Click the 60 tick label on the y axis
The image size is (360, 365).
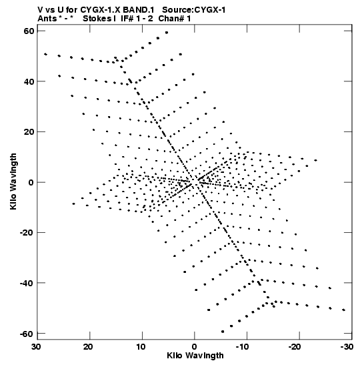click(x=29, y=31)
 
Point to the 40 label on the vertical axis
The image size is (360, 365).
click(x=29, y=81)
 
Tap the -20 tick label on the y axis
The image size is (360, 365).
click(x=26, y=232)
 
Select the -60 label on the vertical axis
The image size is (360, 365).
click(x=26, y=334)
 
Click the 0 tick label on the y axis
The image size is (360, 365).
click(x=31, y=182)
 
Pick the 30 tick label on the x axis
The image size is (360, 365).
click(x=37, y=346)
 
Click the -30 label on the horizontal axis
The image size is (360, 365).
click(x=347, y=346)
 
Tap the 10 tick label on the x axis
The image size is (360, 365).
click(x=141, y=346)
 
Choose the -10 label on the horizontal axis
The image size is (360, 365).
click(x=242, y=346)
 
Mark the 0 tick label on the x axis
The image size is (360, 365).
click(x=195, y=346)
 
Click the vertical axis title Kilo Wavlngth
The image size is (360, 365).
click(x=13, y=181)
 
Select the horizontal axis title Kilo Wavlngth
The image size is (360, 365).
click(x=195, y=356)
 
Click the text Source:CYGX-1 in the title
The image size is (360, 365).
click(x=194, y=10)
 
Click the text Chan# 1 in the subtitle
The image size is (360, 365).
click(x=175, y=19)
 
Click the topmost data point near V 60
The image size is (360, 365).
click(x=167, y=33)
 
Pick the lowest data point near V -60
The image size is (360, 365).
click(x=223, y=332)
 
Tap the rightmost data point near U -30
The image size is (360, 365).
click(x=344, y=310)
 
